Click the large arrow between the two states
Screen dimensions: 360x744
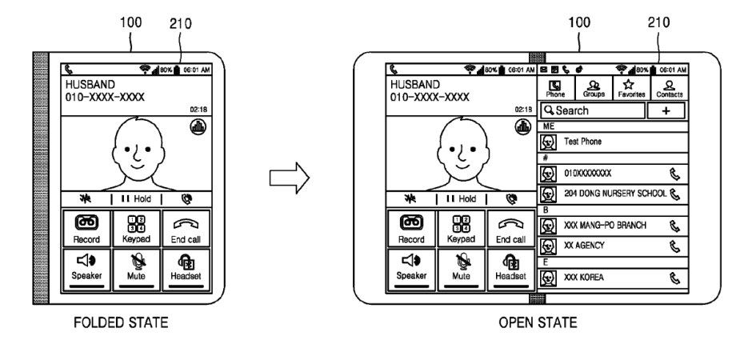coord(289,178)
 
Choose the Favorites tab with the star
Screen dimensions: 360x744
coord(630,87)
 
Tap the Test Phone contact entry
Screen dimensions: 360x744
coord(584,142)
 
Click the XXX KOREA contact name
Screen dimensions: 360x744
coord(583,278)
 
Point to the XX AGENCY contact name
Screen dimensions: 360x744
coord(586,246)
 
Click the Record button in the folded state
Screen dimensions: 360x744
coord(86,226)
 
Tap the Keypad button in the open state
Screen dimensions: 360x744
coord(461,227)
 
